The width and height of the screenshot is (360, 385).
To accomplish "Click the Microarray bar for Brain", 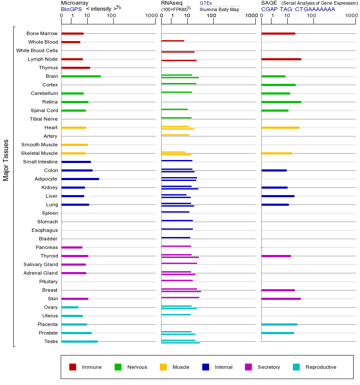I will tap(81, 76).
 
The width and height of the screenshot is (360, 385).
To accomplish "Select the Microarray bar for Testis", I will tap(80, 341).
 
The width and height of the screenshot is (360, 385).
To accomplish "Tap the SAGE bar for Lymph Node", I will tap(281, 59).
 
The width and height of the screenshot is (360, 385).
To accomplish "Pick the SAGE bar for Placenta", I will tap(279, 324).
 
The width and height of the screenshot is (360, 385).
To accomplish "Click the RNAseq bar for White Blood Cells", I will tap(178, 52).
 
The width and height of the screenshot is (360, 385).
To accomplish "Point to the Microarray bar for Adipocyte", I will tap(80, 179).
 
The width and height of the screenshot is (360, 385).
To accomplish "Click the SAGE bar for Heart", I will tap(280, 127).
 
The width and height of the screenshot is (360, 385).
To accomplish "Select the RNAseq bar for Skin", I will tap(180, 297).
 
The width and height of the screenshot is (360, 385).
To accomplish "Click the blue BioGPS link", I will tap(71, 9).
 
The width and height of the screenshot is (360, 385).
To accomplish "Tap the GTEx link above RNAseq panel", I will tap(206, 3).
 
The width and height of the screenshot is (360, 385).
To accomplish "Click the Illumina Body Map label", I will tap(219, 9).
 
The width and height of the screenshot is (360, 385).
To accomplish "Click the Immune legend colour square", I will tap(73, 367).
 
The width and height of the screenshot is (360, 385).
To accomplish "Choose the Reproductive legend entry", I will tap(321, 367).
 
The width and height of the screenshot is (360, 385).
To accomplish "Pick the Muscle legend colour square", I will tap(163, 367).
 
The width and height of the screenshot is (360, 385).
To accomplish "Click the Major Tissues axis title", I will tap(6, 160).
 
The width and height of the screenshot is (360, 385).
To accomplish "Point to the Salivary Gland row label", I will tap(41, 264).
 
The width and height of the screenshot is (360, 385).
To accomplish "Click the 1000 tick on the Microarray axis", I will tap(150, 16).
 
